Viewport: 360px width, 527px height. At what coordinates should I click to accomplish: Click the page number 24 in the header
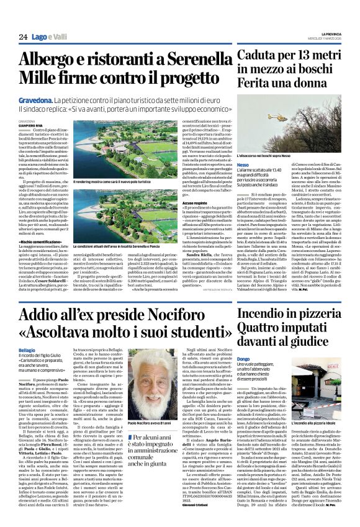click(x=23, y=37)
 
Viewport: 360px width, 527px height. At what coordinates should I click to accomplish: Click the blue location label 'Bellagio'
click(x=28, y=349)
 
